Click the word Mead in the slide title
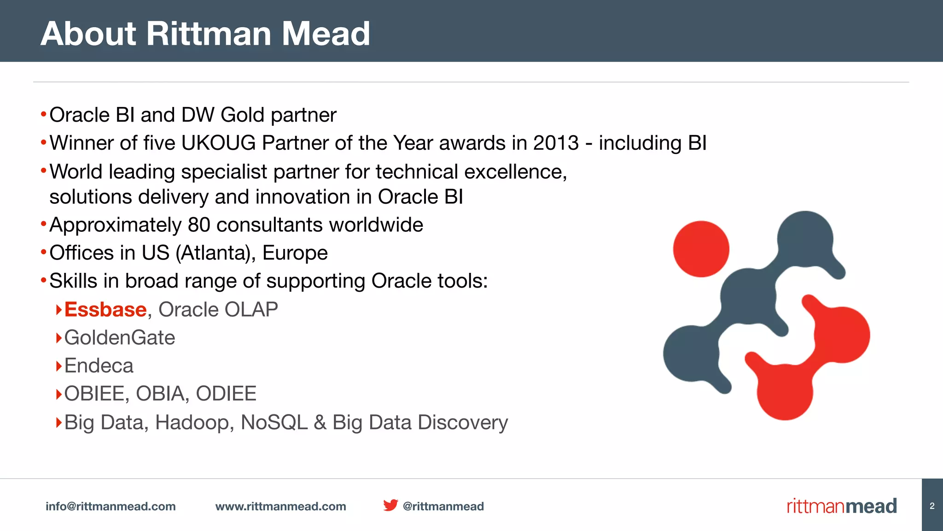point(326,34)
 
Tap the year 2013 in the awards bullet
point(556,143)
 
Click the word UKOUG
point(219,143)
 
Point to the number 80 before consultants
point(199,225)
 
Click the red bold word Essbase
point(105,309)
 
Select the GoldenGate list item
point(120,337)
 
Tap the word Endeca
point(99,366)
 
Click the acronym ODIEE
point(226,394)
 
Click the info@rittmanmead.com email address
point(111,506)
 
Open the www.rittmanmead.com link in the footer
point(281,506)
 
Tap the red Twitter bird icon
point(390,505)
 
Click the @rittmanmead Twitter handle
point(443,506)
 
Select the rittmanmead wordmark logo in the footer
point(842,506)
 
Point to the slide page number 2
point(932,506)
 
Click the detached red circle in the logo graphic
point(701,249)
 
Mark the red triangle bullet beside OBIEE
point(58,394)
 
